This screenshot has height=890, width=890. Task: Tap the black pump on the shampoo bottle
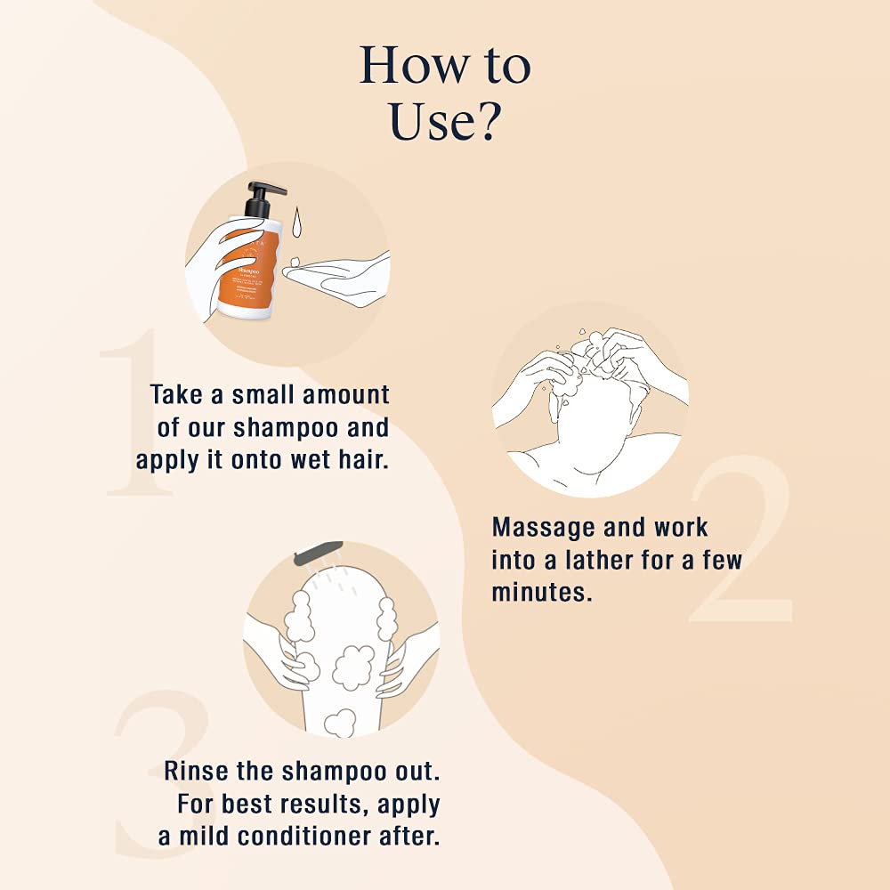pyautogui.click(x=262, y=197)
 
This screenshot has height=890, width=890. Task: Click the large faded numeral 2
pyautogui.click(x=743, y=543)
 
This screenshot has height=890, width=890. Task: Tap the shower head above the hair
pyautogui.click(x=320, y=553)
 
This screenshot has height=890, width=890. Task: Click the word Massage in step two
pyautogui.click(x=543, y=527)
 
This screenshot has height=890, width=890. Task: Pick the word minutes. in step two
pyautogui.click(x=541, y=592)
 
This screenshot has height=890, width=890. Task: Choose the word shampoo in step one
pyautogui.click(x=285, y=427)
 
